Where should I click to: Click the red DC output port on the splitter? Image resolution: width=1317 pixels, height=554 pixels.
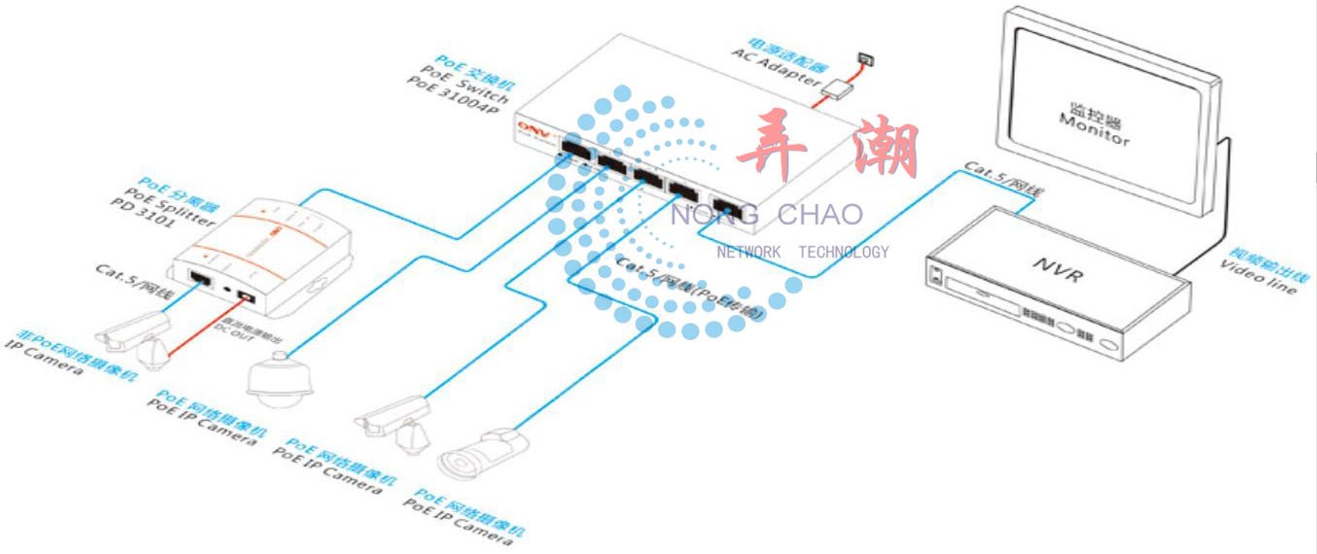click(249, 293)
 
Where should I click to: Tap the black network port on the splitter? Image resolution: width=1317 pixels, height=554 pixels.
click(202, 279)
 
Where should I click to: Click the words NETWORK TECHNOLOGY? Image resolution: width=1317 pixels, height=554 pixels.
click(803, 253)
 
